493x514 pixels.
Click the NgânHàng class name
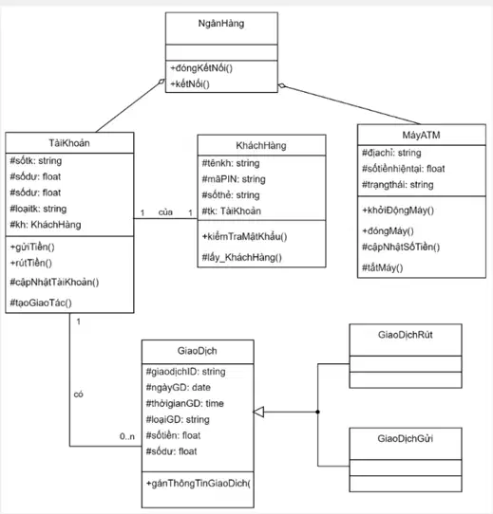(x=221, y=24)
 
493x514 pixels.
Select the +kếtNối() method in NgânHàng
(x=190, y=84)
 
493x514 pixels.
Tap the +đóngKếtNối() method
(x=201, y=68)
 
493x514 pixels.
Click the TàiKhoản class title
(x=69, y=143)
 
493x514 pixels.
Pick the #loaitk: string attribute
(x=38, y=209)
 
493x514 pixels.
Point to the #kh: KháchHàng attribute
(x=46, y=225)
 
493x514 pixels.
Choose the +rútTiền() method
(x=31, y=263)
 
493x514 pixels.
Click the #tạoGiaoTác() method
(x=41, y=303)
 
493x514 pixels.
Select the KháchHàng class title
(x=261, y=145)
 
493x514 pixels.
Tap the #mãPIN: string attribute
(x=234, y=179)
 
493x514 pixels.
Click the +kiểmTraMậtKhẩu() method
(x=244, y=237)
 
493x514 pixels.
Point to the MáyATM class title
(x=421, y=135)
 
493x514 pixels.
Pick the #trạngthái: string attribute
(x=397, y=185)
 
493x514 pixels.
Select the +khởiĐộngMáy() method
(x=398, y=211)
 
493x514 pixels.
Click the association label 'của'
(x=165, y=212)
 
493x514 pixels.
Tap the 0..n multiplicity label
(x=127, y=436)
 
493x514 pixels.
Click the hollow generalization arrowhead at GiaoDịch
(x=258, y=412)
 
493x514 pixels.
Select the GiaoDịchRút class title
(x=406, y=335)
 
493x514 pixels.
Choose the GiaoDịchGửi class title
(x=406, y=438)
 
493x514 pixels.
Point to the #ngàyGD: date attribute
(x=178, y=388)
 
